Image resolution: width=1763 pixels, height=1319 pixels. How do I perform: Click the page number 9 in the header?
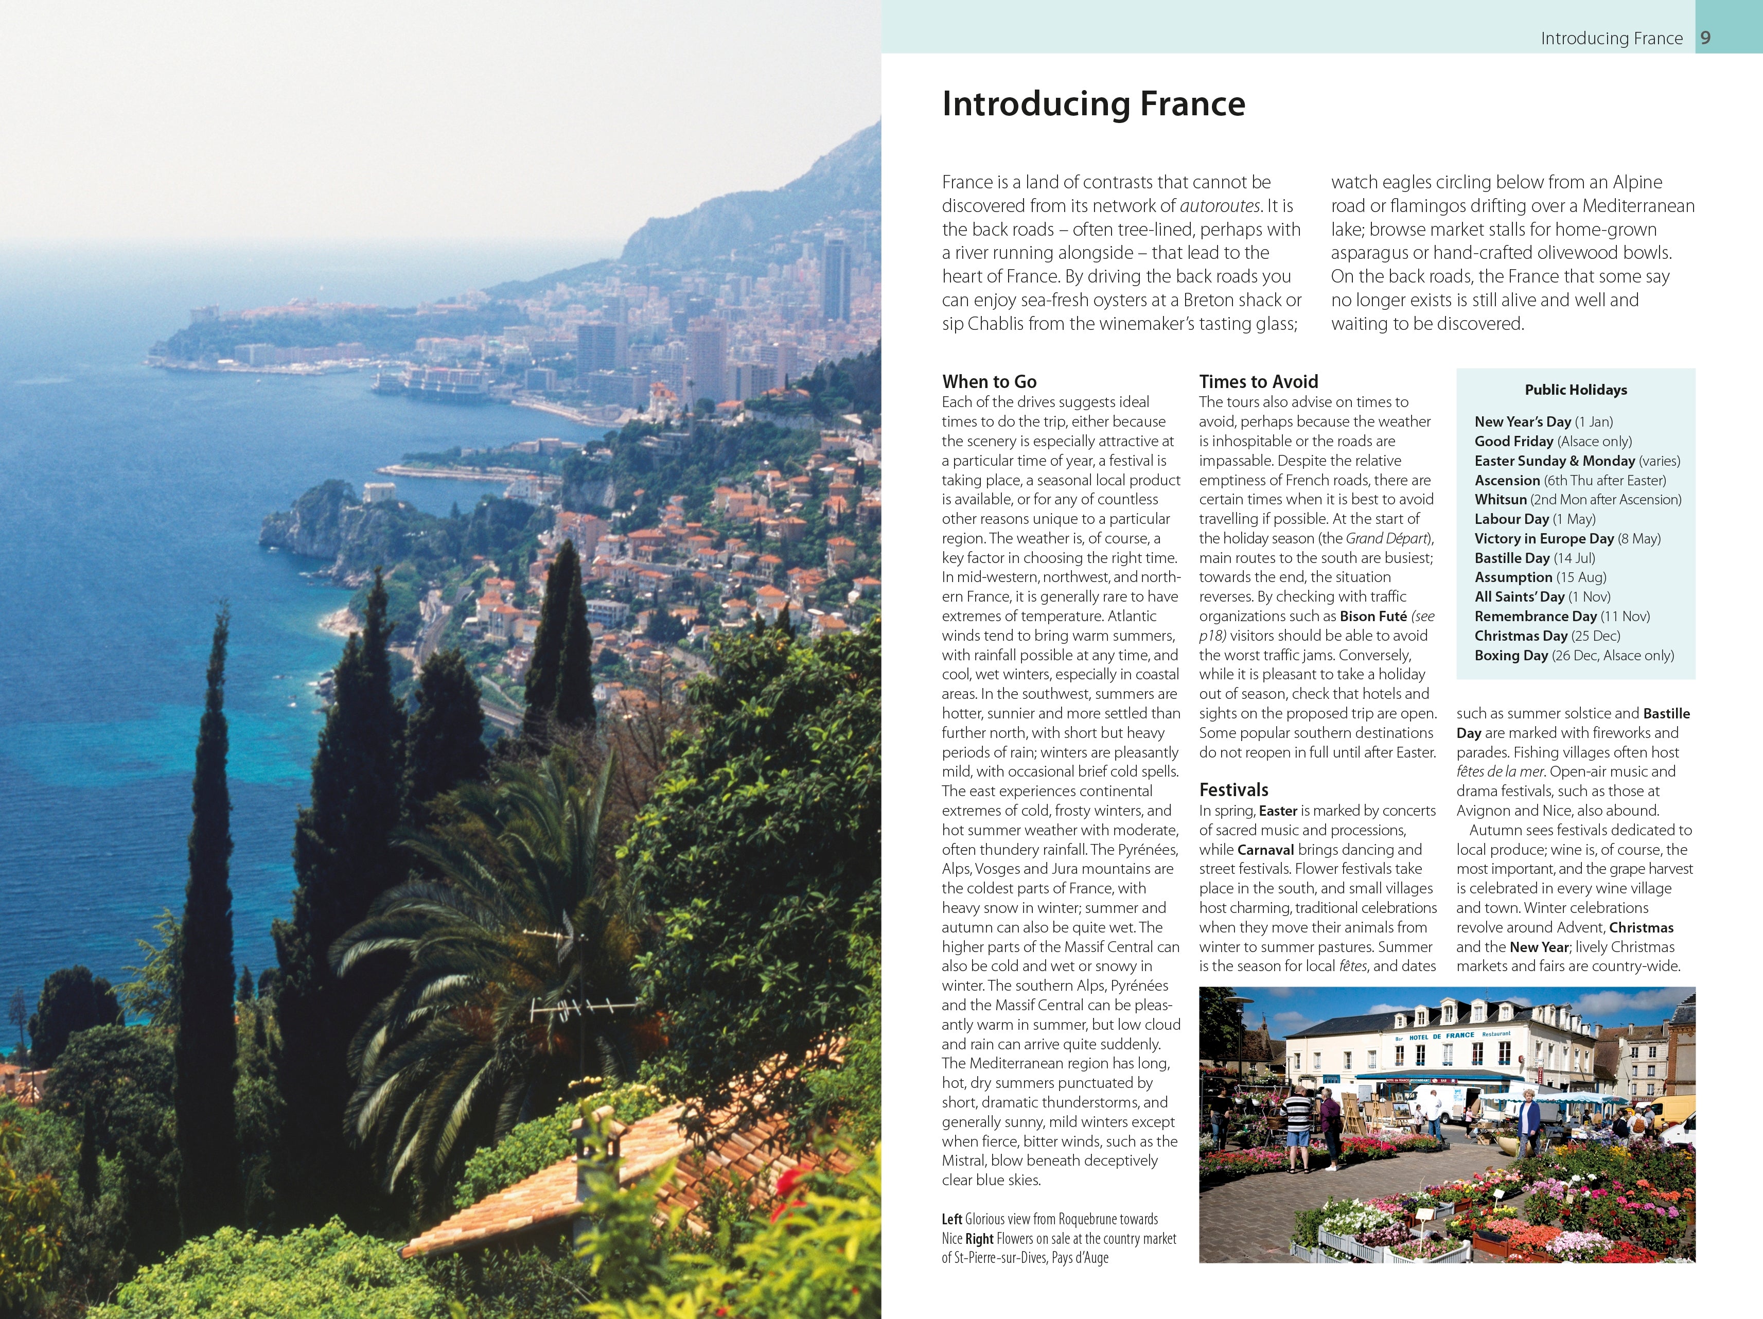1705,38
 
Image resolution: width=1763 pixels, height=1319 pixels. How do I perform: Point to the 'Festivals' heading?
1233,790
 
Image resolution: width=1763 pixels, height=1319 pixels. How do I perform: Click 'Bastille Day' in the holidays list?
1511,558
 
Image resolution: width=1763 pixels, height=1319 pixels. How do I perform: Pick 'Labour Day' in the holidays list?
1511,519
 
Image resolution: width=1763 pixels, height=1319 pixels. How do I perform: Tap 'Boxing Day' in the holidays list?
1510,655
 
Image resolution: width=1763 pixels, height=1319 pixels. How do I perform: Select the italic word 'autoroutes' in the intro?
1220,206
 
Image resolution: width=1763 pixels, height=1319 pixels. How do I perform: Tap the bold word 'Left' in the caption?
951,1219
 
